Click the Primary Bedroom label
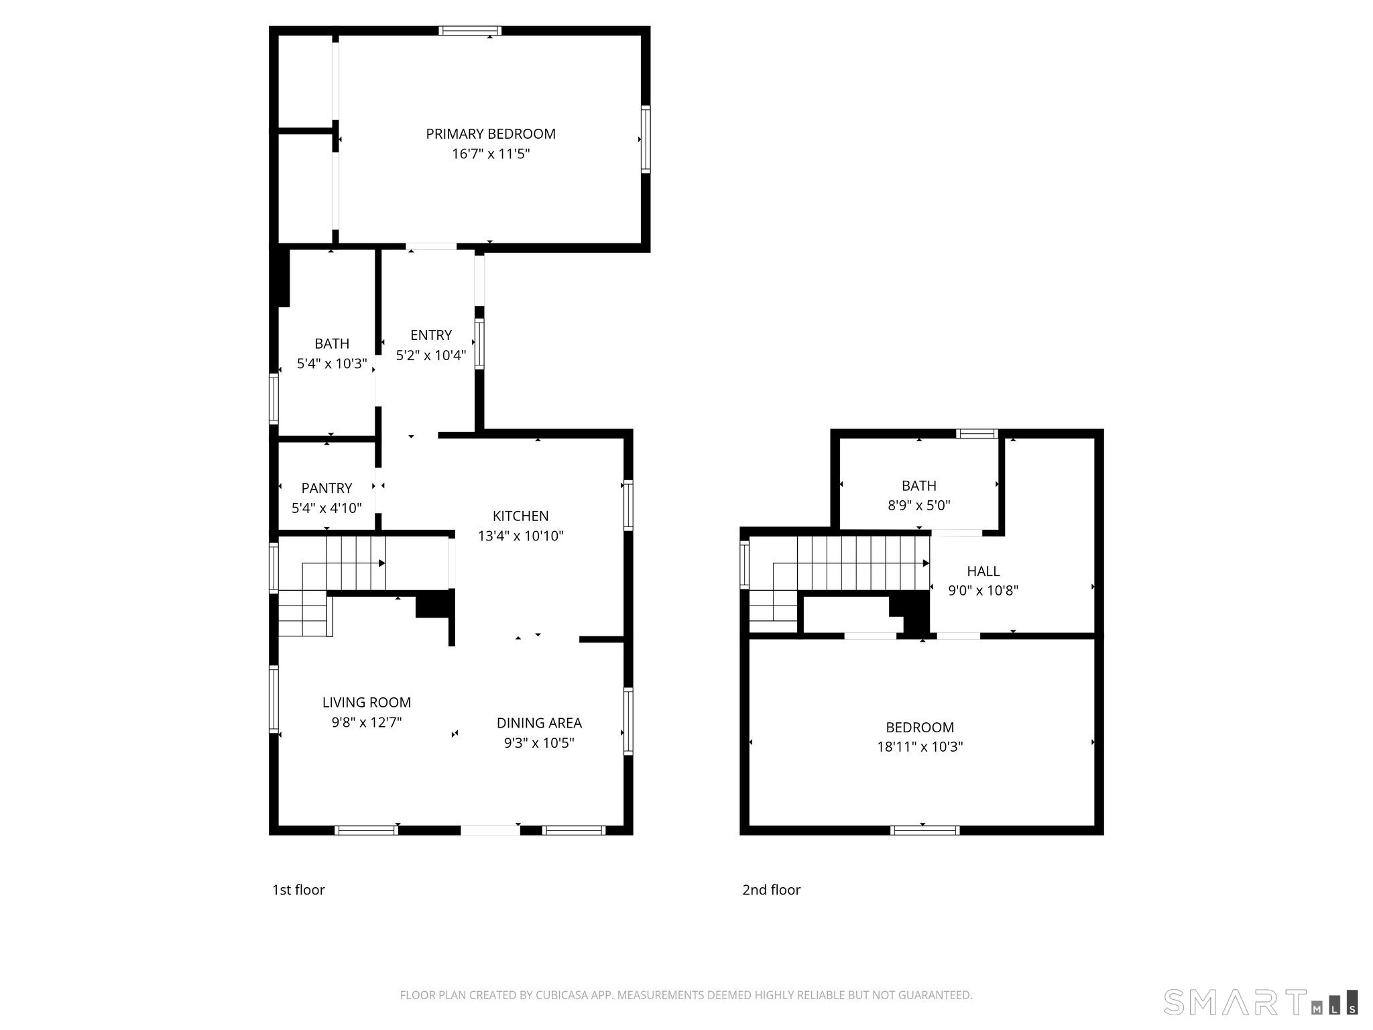click(491, 134)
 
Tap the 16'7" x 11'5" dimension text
click(491, 154)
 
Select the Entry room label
click(431, 335)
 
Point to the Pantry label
click(326, 488)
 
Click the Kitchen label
click(521, 516)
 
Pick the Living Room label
click(367, 703)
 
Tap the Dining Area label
click(539, 723)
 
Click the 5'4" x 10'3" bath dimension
click(332, 364)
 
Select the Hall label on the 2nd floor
click(983, 571)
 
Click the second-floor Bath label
click(919, 485)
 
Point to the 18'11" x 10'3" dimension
click(920, 747)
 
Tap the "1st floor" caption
click(298, 890)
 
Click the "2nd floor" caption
click(772, 890)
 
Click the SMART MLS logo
click(1261, 1002)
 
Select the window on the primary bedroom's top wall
click(470, 30)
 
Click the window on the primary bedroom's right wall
click(646, 139)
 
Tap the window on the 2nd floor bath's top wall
click(977, 433)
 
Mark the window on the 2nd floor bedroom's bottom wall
click(925, 830)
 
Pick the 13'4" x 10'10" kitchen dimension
click(521, 536)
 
